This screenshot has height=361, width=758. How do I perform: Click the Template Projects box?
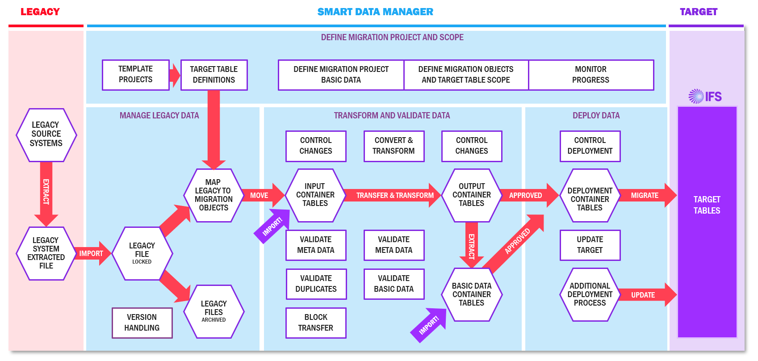[x=135, y=75]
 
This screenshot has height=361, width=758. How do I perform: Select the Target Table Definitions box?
[x=214, y=75]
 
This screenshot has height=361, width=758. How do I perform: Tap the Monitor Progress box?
[x=590, y=75]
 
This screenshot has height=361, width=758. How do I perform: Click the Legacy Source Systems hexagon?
[x=46, y=134]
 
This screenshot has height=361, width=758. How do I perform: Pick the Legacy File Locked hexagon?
[x=142, y=253]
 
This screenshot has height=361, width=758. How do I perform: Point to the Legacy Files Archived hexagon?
[x=214, y=311]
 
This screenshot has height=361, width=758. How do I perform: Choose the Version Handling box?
[x=142, y=323]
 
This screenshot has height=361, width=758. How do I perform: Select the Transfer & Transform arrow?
[x=393, y=195]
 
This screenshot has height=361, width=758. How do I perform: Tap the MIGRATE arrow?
[x=646, y=195]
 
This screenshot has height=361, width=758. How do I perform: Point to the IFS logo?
[x=705, y=96]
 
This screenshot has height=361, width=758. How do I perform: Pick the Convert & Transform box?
[x=394, y=146]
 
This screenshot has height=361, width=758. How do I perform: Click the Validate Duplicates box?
[x=316, y=284]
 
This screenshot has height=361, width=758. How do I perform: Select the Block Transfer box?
[x=316, y=323]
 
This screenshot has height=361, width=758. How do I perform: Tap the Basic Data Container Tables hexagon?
[x=472, y=294]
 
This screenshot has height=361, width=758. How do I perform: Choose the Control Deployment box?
[x=590, y=146]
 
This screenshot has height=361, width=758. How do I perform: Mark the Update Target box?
[x=590, y=245]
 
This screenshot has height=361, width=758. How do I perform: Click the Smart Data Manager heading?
[x=375, y=12]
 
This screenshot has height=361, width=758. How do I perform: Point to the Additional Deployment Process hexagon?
[x=590, y=294]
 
